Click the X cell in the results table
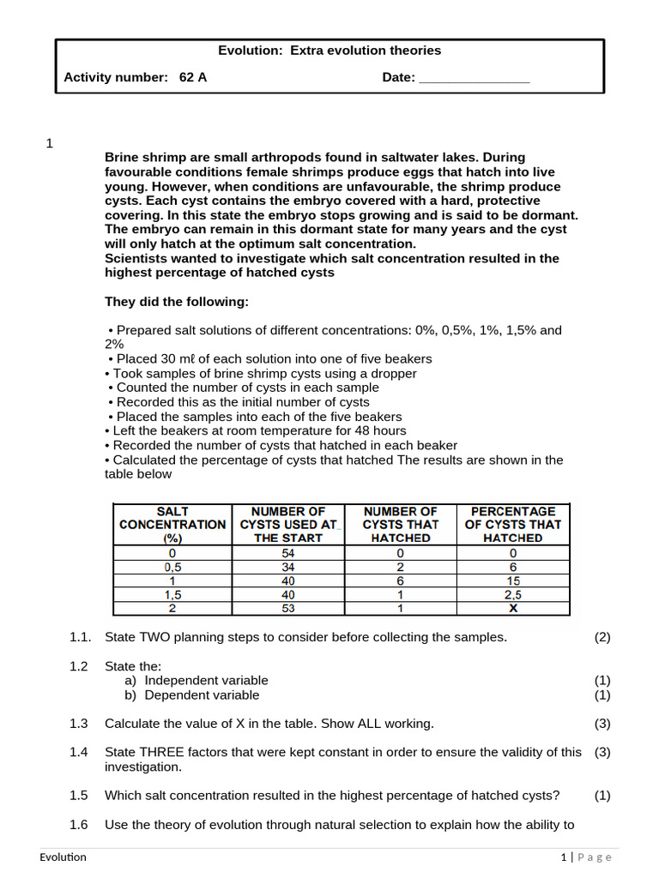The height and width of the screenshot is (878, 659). [x=512, y=609]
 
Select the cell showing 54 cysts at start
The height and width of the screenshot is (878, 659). [x=288, y=554]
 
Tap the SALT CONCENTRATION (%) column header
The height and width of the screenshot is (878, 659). [x=172, y=524]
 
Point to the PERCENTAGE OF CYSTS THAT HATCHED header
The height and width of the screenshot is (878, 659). [x=512, y=524]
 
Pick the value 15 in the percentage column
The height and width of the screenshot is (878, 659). [x=512, y=581]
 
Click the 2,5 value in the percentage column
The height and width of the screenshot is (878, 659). [x=512, y=595]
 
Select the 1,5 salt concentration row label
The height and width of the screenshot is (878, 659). [x=172, y=595]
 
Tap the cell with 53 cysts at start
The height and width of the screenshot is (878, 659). [x=288, y=609]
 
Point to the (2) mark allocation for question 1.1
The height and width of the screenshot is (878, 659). [x=602, y=637]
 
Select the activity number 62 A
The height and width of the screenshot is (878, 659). [x=193, y=77]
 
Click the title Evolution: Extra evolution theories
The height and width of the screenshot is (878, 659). [x=329, y=51]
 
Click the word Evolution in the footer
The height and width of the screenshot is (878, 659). [x=63, y=857]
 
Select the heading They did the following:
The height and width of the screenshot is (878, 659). [x=177, y=302]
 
